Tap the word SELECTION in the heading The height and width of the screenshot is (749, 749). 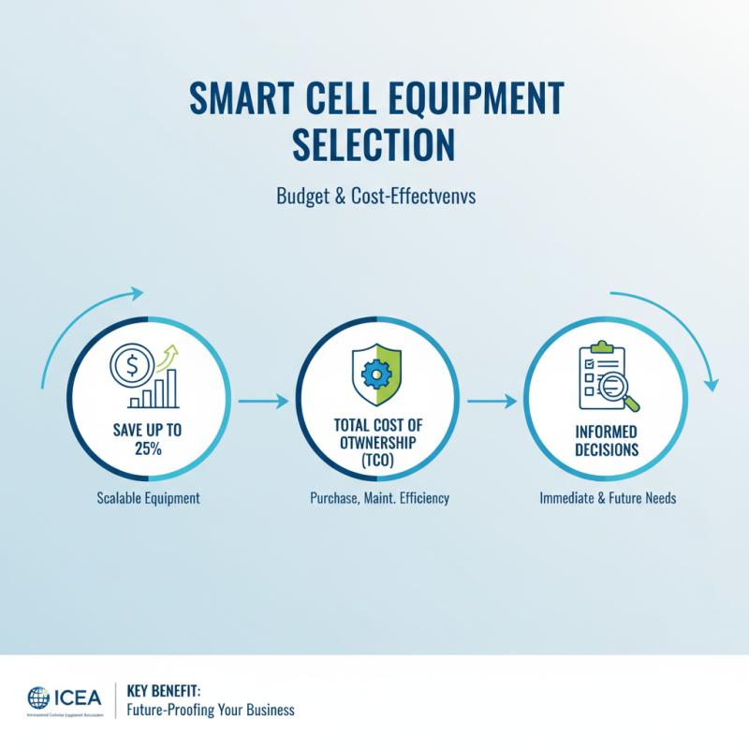click(374, 146)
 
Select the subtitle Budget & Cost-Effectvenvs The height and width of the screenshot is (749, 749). click(374, 198)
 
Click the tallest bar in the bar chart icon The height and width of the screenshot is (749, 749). click(171, 388)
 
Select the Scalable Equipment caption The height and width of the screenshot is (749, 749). click(148, 498)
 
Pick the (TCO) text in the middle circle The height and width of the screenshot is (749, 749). click(378, 460)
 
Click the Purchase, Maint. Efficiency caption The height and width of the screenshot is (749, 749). click(379, 498)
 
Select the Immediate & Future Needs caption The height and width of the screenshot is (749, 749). click(608, 498)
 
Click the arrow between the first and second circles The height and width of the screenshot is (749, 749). click(263, 402)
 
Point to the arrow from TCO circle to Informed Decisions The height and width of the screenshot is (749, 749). click(492, 402)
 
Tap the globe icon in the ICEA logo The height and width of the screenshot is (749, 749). click(39, 698)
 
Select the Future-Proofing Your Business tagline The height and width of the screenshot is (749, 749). click(211, 710)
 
